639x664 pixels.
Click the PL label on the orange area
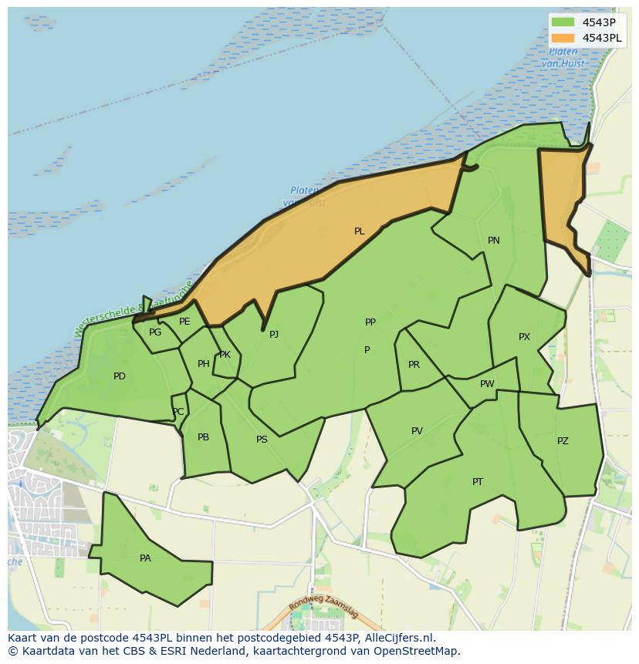(359, 231)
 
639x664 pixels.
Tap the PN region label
(494, 241)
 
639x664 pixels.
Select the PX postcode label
(524, 337)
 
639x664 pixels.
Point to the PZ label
(563, 441)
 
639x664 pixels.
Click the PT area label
(478, 482)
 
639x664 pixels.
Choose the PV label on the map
(417, 431)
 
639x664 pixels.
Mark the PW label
(487, 384)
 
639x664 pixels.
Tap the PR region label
(414, 365)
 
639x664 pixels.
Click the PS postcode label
(262, 440)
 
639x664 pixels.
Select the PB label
(203, 437)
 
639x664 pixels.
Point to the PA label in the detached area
(145, 558)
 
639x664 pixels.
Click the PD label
(120, 376)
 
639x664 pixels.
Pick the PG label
(155, 332)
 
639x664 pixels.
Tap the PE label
(184, 322)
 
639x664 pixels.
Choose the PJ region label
(273, 335)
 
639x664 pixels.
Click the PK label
(225, 355)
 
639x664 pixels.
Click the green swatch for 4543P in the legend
(563, 22)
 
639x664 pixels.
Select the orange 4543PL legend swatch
(563, 38)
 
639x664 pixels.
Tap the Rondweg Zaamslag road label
(325, 609)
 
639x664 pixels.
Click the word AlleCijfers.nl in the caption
(400, 638)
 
